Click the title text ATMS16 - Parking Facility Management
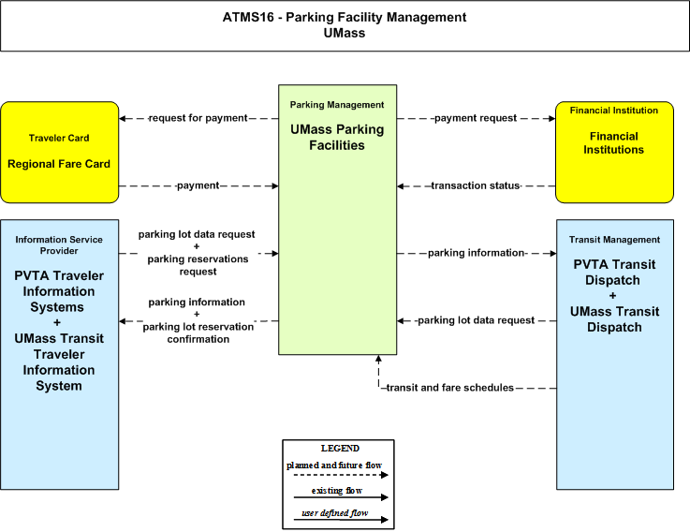pyautogui.click(x=345, y=17)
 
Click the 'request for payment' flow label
pyautogui.click(x=198, y=118)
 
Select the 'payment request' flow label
pyautogui.click(x=476, y=118)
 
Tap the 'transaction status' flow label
pyautogui.click(x=476, y=185)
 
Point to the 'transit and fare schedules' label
pyautogui.click(x=449, y=388)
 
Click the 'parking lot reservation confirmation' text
pyautogui.click(x=198, y=332)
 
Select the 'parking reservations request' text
pyautogui.click(x=198, y=265)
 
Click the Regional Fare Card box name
pyautogui.click(x=59, y=164)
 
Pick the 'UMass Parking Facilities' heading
pyautogui.click(x=337, y=138)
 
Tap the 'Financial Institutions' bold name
pyautogui.click(x=614, y=143)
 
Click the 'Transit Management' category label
pyautogui.click(x=614, y=240)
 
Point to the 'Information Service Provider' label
pyautogui.click(x=59, y=244)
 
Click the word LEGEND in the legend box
pyautogui.click(x=340, y=449)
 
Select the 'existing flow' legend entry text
pyautogui.click(x=337, y=491)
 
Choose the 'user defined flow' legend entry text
pyautogui.click(x=334, y=513)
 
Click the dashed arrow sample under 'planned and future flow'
pyautogui.click(x=341, y=475)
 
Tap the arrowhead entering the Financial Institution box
pyautogui.click(x=551, y=118)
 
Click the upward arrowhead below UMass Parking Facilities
pyautogui.click(x=378, y=359)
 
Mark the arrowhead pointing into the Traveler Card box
pyautogui.click(x=123, y=118)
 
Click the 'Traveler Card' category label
pyautogui.click(x=59, y=139)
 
